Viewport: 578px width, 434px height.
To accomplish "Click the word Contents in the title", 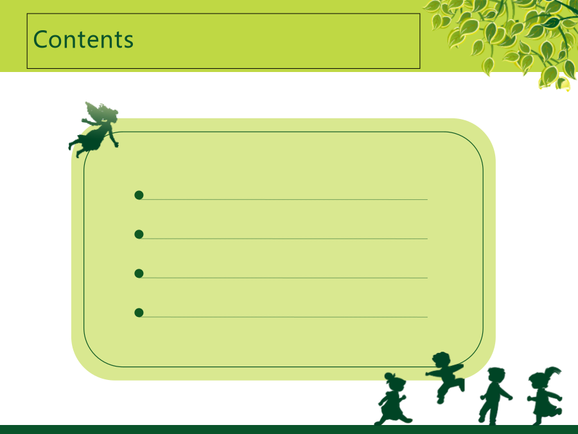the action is (83, 39).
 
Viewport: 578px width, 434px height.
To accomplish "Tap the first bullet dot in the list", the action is (139, 195).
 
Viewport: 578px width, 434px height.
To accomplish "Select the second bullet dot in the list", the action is (139, 234).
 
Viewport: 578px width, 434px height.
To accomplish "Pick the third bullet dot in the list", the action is (139, 273).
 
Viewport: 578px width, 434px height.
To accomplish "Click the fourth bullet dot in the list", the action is (139, 312).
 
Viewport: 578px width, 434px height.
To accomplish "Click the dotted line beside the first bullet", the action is (285, 200).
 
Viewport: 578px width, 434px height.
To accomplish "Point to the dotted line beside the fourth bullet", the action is (285, 317).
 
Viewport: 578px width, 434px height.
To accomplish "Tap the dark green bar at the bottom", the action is (289, 429).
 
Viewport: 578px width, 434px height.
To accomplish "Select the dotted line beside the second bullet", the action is (285, 239).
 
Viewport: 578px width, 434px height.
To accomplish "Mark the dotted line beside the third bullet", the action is (285, 278).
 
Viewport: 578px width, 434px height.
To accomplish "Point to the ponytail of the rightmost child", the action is (552, 371).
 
